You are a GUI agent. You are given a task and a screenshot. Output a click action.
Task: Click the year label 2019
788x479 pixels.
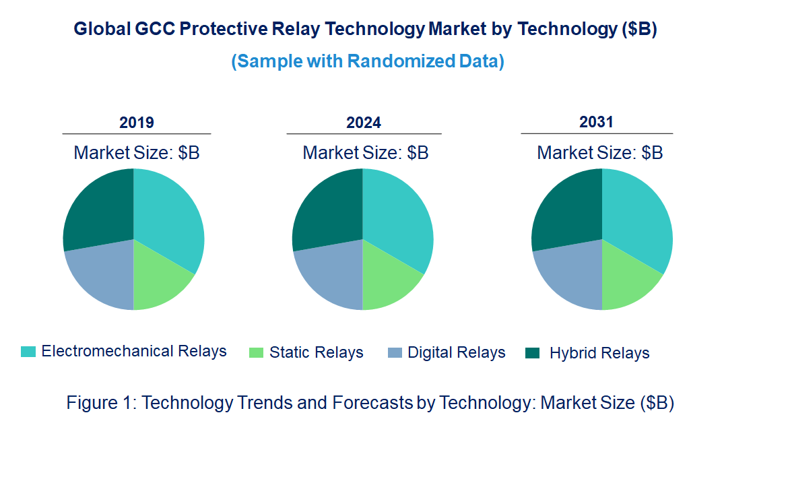tap(137, 123)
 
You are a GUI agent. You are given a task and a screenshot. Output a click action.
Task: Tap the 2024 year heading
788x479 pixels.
tap(364, 123)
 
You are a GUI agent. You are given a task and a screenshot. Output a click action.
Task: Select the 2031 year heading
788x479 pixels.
tap(597, 122)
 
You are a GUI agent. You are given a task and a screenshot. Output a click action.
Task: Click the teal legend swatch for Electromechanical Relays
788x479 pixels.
tap(28, 352)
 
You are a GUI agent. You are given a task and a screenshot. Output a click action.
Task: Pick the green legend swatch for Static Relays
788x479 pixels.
tap(256, 352)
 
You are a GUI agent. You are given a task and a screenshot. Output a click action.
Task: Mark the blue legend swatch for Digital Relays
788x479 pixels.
tap(395, 352)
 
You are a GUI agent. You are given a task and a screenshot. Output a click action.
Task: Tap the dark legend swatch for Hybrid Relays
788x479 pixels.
tap(532, 352)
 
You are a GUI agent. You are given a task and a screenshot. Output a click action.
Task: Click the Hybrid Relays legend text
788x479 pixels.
tap(599, 353)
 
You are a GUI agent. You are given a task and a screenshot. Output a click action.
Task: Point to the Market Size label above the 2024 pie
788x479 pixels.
tap(365, 153)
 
